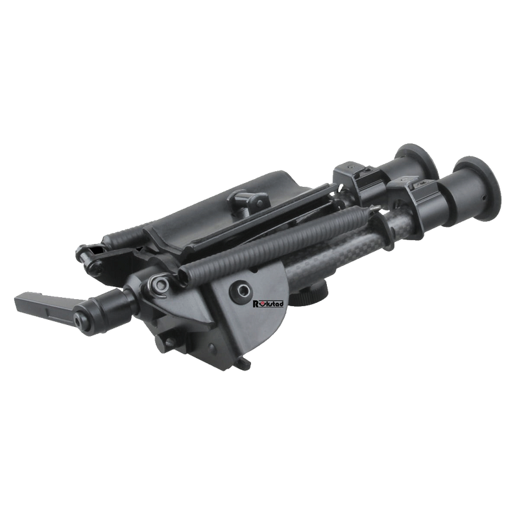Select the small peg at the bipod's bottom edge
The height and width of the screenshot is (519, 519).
tap(245, 367)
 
